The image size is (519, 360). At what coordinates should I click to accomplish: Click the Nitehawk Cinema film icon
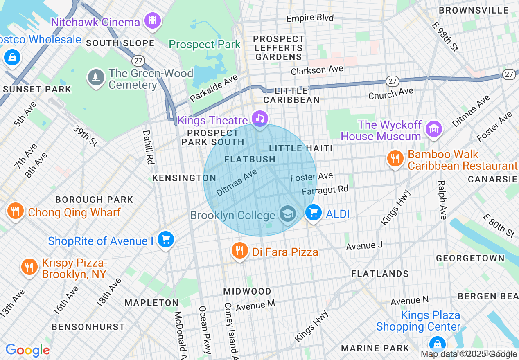(153, 20)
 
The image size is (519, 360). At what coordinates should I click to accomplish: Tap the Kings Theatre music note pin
(259, 119)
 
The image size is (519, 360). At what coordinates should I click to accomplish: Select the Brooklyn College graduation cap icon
(288, 214)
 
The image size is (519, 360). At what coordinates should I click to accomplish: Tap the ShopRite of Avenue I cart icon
(166, 239)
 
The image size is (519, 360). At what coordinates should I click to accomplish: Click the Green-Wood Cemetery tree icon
(96, 77)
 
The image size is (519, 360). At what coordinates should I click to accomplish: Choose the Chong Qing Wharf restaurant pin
(16, 211)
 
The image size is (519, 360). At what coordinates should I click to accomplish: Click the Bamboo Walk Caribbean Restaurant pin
(395, 158)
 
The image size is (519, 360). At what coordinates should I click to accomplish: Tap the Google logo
(27, 350)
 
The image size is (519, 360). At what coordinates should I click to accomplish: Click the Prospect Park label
(205, 44)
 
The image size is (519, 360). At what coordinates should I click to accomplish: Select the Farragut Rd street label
(325, 190)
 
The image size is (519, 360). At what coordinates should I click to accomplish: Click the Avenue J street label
(364, 246)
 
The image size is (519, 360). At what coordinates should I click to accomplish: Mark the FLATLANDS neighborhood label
(380, 274)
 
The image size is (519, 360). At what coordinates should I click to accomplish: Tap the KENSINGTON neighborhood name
(184, 178)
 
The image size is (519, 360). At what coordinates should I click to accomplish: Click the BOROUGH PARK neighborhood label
(94, 200)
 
